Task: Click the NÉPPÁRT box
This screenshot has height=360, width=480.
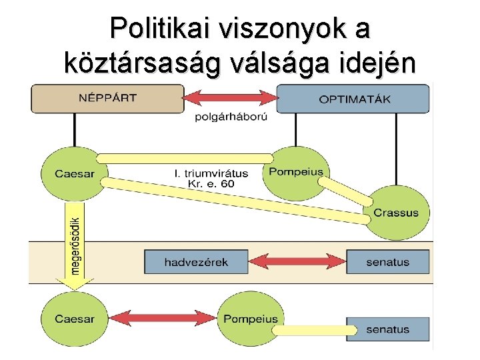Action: click(107, 99)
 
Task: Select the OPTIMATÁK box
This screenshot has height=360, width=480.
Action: click(353, 99)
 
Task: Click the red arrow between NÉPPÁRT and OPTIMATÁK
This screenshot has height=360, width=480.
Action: click(230, 99)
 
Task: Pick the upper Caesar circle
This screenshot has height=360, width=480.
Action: click(75, 173)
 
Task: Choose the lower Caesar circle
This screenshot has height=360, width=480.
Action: click(75, 319)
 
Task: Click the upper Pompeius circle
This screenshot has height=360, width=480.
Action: click(296, 171)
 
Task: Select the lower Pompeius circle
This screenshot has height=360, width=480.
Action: click(251, 319)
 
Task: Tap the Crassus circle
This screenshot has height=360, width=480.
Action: click(396, 213)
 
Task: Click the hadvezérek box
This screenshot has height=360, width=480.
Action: click(196, 262)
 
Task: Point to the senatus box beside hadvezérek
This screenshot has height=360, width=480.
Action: click(387, 262)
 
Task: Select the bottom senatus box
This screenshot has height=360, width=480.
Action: click(387, 329)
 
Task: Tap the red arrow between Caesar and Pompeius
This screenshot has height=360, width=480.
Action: click(163, 318)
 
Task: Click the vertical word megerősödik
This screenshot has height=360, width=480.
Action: click(76, 245)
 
